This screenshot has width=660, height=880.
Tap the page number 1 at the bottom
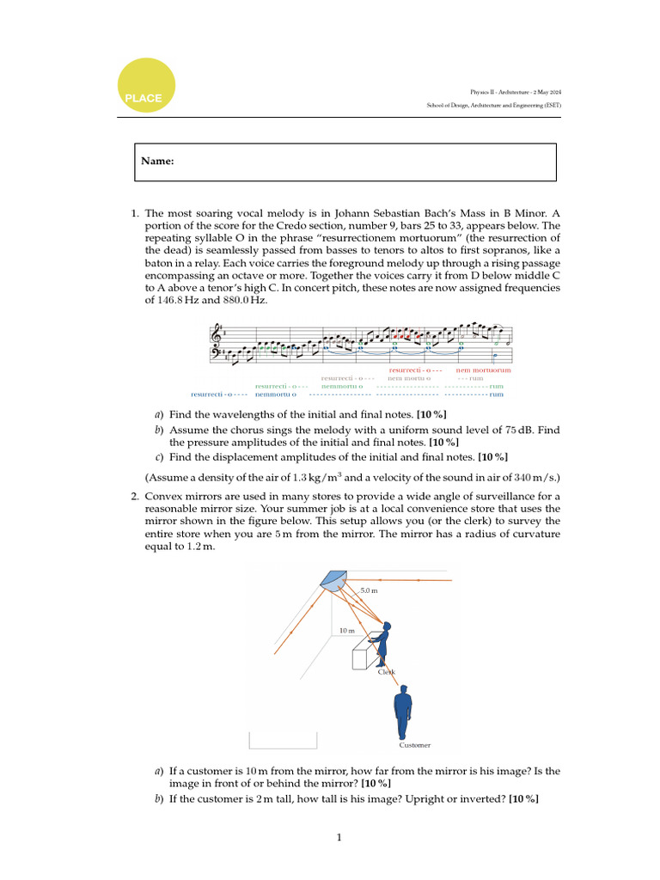[339, 837]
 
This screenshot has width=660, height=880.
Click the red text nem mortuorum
[483, 370]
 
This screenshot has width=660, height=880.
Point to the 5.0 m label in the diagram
[370, 590]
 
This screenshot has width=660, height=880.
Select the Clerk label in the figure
[387, 671]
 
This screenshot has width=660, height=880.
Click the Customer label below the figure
[414, 745]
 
